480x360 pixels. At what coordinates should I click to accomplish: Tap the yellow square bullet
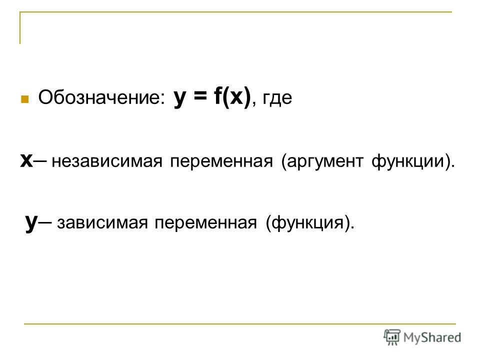[x=24, y=99]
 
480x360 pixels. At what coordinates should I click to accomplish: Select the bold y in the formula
[x=179, y=98]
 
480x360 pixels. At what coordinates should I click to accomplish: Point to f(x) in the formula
[x=232, y=96]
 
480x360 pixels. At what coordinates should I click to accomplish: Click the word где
[x=277, y=98]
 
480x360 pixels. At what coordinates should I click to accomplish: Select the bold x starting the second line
[x=26, y=160]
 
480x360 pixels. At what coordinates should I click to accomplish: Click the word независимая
[x=107, y=161]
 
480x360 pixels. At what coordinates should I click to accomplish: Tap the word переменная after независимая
[x=221, y=161]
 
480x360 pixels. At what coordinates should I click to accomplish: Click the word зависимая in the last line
[x=102, y=222]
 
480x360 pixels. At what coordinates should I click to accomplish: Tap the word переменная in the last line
[x=205, y=222]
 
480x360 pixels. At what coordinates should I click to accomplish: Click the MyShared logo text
[x=432, y=337]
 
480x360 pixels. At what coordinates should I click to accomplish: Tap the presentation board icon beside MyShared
[x=392, y=337]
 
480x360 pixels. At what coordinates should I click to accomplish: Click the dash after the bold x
[x=40, y=160]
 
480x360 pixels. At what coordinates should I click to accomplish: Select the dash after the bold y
[x=45, y=222]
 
